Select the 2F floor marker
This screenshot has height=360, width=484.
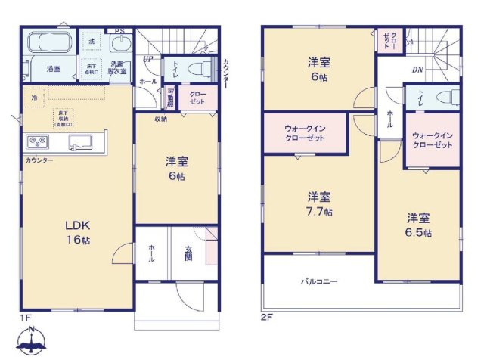(266, 317)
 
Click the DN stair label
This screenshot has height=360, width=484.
(417, 70)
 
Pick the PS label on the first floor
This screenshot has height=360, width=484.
(119, 31)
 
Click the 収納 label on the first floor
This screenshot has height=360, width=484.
(161, 119)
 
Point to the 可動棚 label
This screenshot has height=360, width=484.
(170, 98)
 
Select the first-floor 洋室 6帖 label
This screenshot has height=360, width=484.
(177, 168)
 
